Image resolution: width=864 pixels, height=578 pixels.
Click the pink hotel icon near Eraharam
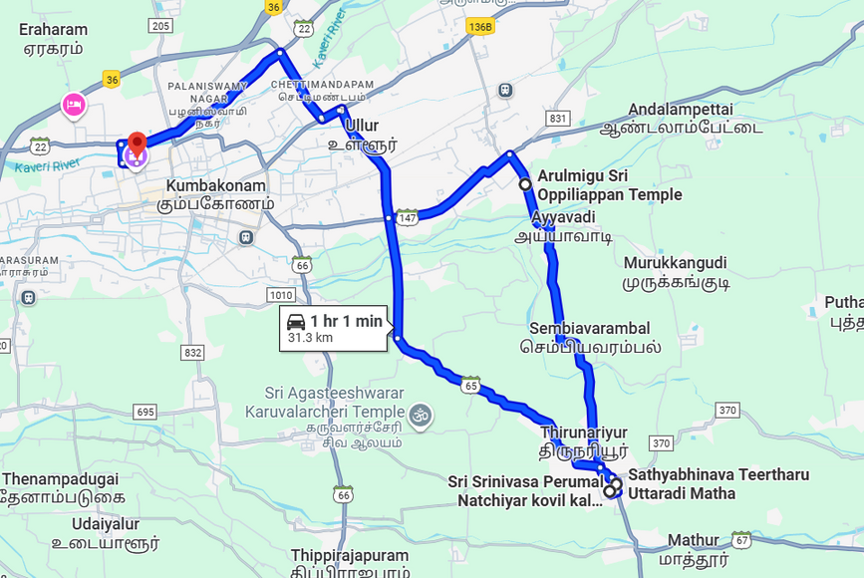[x=73, y=104]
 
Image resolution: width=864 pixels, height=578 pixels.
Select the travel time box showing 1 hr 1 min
[x=335, y=328]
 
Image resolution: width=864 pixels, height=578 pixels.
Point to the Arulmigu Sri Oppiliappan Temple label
[x=609, y=185]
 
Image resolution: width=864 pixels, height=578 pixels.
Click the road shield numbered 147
[x=407, y=216]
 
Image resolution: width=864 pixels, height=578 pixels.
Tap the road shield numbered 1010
[x=281, y=295]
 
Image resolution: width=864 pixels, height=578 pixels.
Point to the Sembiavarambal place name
[x=590, y=338]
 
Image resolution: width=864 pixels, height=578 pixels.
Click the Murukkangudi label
[x=675, y=272]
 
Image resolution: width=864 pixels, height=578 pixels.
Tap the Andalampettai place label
[x=681, y=118]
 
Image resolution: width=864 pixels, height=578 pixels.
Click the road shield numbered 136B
[x=480, y=27]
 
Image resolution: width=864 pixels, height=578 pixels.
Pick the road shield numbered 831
[x=557, y=119]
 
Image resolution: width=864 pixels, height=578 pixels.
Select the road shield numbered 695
[x=145, y=412]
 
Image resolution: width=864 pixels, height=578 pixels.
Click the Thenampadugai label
[x=61, y=487]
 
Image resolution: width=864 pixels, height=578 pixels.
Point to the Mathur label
[x=693, y=548]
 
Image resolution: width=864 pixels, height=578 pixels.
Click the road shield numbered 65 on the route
[x=471, y=384]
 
